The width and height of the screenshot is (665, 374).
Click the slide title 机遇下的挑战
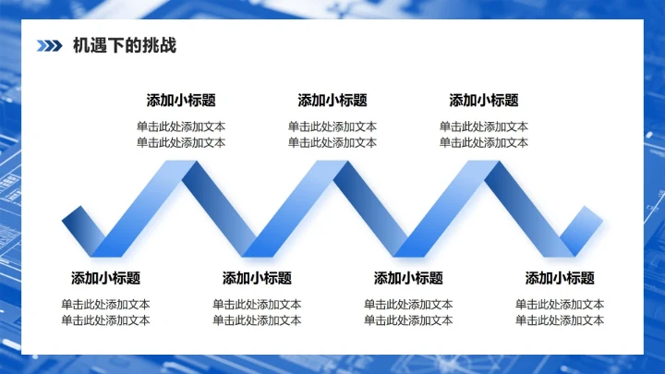(x=125, y=45)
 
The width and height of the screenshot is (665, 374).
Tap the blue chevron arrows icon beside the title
(x=50, y=45)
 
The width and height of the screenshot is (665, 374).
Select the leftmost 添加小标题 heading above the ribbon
(x=181, y=101)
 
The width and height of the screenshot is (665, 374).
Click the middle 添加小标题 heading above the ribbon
(x=332, y=101)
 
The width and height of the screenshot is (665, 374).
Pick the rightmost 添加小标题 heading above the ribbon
(x=484, y=101)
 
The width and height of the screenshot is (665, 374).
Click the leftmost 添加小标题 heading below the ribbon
(x=105, y=278)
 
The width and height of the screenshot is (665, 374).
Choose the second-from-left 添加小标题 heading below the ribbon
(x=257, y=278)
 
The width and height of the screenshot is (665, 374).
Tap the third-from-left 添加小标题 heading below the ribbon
(x=408, y=278)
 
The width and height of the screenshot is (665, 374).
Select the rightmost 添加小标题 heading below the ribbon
(x=560, y=278)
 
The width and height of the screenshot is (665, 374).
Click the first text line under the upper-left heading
(x=181, y=127)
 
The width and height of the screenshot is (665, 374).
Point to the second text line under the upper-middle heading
(x=332, y=143)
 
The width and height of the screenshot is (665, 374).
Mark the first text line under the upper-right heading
(x=484, y=127)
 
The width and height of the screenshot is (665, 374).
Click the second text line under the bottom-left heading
(x=105, y=320)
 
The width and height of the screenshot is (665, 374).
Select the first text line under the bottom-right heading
(x=560, y=305)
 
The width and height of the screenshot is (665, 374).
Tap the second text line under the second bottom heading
(x=257, y=320)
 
